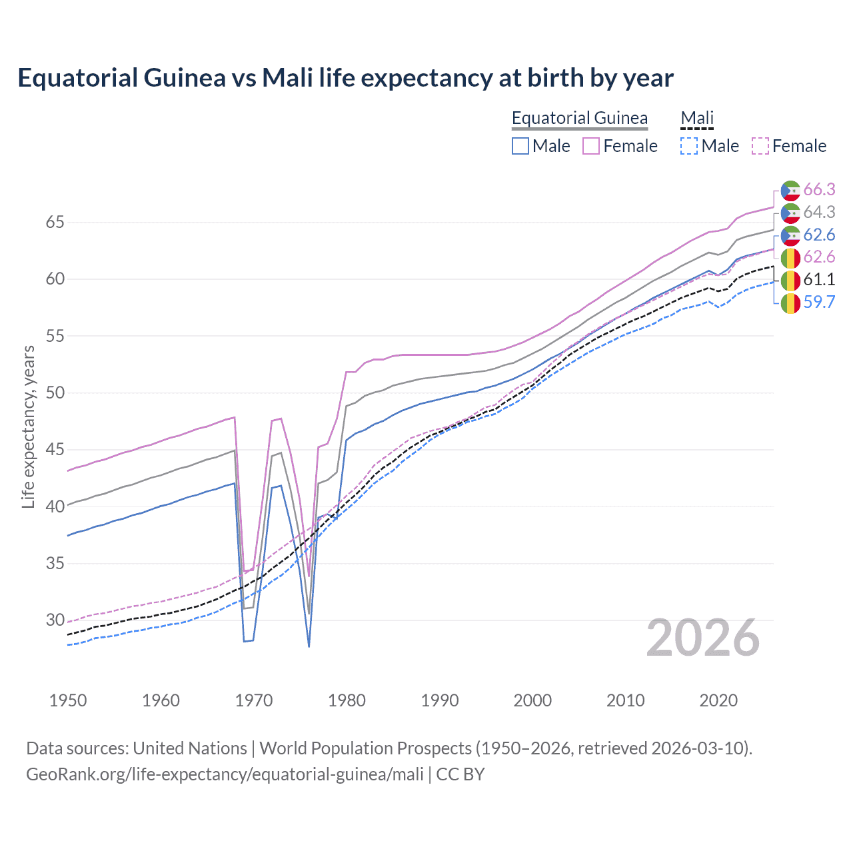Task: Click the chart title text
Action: (x=345, y=78)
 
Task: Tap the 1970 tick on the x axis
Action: (x=254, y=700)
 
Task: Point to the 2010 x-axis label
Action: (x=625, y=700)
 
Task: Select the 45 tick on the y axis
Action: (x=55, y=450)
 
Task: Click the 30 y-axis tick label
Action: (x=55, y=620)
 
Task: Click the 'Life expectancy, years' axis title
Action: (x=28, y=426)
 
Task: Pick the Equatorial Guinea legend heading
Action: (x=579, y=118)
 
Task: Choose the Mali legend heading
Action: (x=697, y=118)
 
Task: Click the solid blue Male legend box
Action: (x=520, y=146)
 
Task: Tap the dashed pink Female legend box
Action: (x=760, y=146)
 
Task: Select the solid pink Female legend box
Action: (x=591, y=146)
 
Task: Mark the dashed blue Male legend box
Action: (x=689, y=146)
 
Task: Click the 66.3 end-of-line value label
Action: (x=819, y=190)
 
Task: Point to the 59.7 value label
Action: (x=819, y=302)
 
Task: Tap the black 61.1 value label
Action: (x=819, y=279)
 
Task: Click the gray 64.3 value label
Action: (x=819, y=212)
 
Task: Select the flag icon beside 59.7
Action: (x=790, y=303)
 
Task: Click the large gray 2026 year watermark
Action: (x=703, y=638)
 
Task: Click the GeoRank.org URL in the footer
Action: (x=225, y=774)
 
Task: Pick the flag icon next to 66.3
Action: (x=790, y=191)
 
